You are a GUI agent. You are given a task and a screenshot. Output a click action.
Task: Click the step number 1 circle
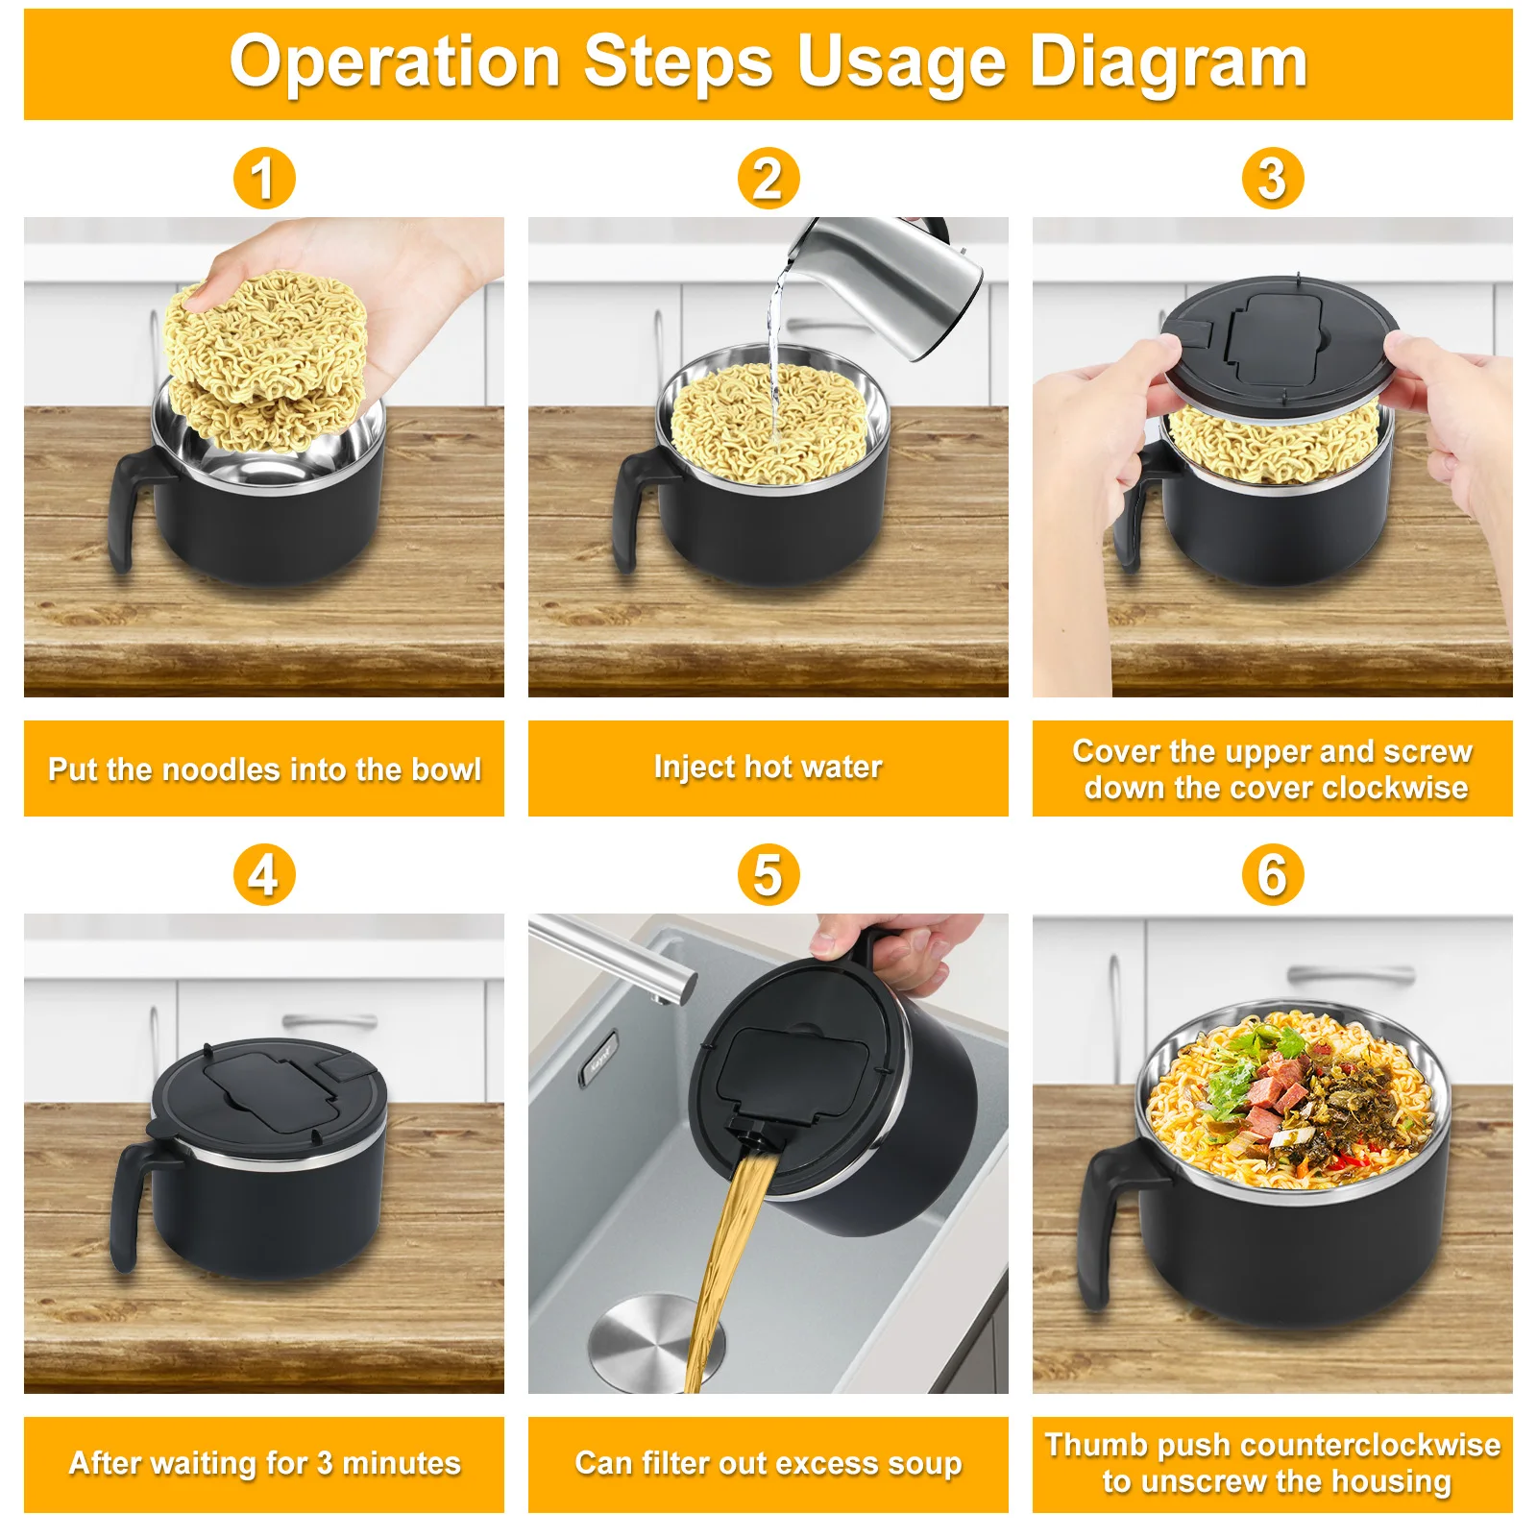tap(264, 179)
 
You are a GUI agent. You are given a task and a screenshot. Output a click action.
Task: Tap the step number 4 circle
tap(264, 875)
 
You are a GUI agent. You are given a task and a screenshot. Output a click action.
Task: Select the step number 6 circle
tap(1272, 875)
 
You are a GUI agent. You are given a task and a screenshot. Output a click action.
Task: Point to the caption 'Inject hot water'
tap(768, 767)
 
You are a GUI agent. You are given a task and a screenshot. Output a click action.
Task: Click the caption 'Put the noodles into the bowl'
tap(264, 769)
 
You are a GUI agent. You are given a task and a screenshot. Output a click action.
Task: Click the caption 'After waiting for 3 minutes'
tap(264, 1463)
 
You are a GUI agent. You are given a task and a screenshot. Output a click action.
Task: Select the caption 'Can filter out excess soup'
tap(768, 1463)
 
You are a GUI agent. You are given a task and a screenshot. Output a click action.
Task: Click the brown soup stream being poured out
tap(730, 1249)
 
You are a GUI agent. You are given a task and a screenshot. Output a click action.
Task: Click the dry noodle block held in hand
tap(264, 336)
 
